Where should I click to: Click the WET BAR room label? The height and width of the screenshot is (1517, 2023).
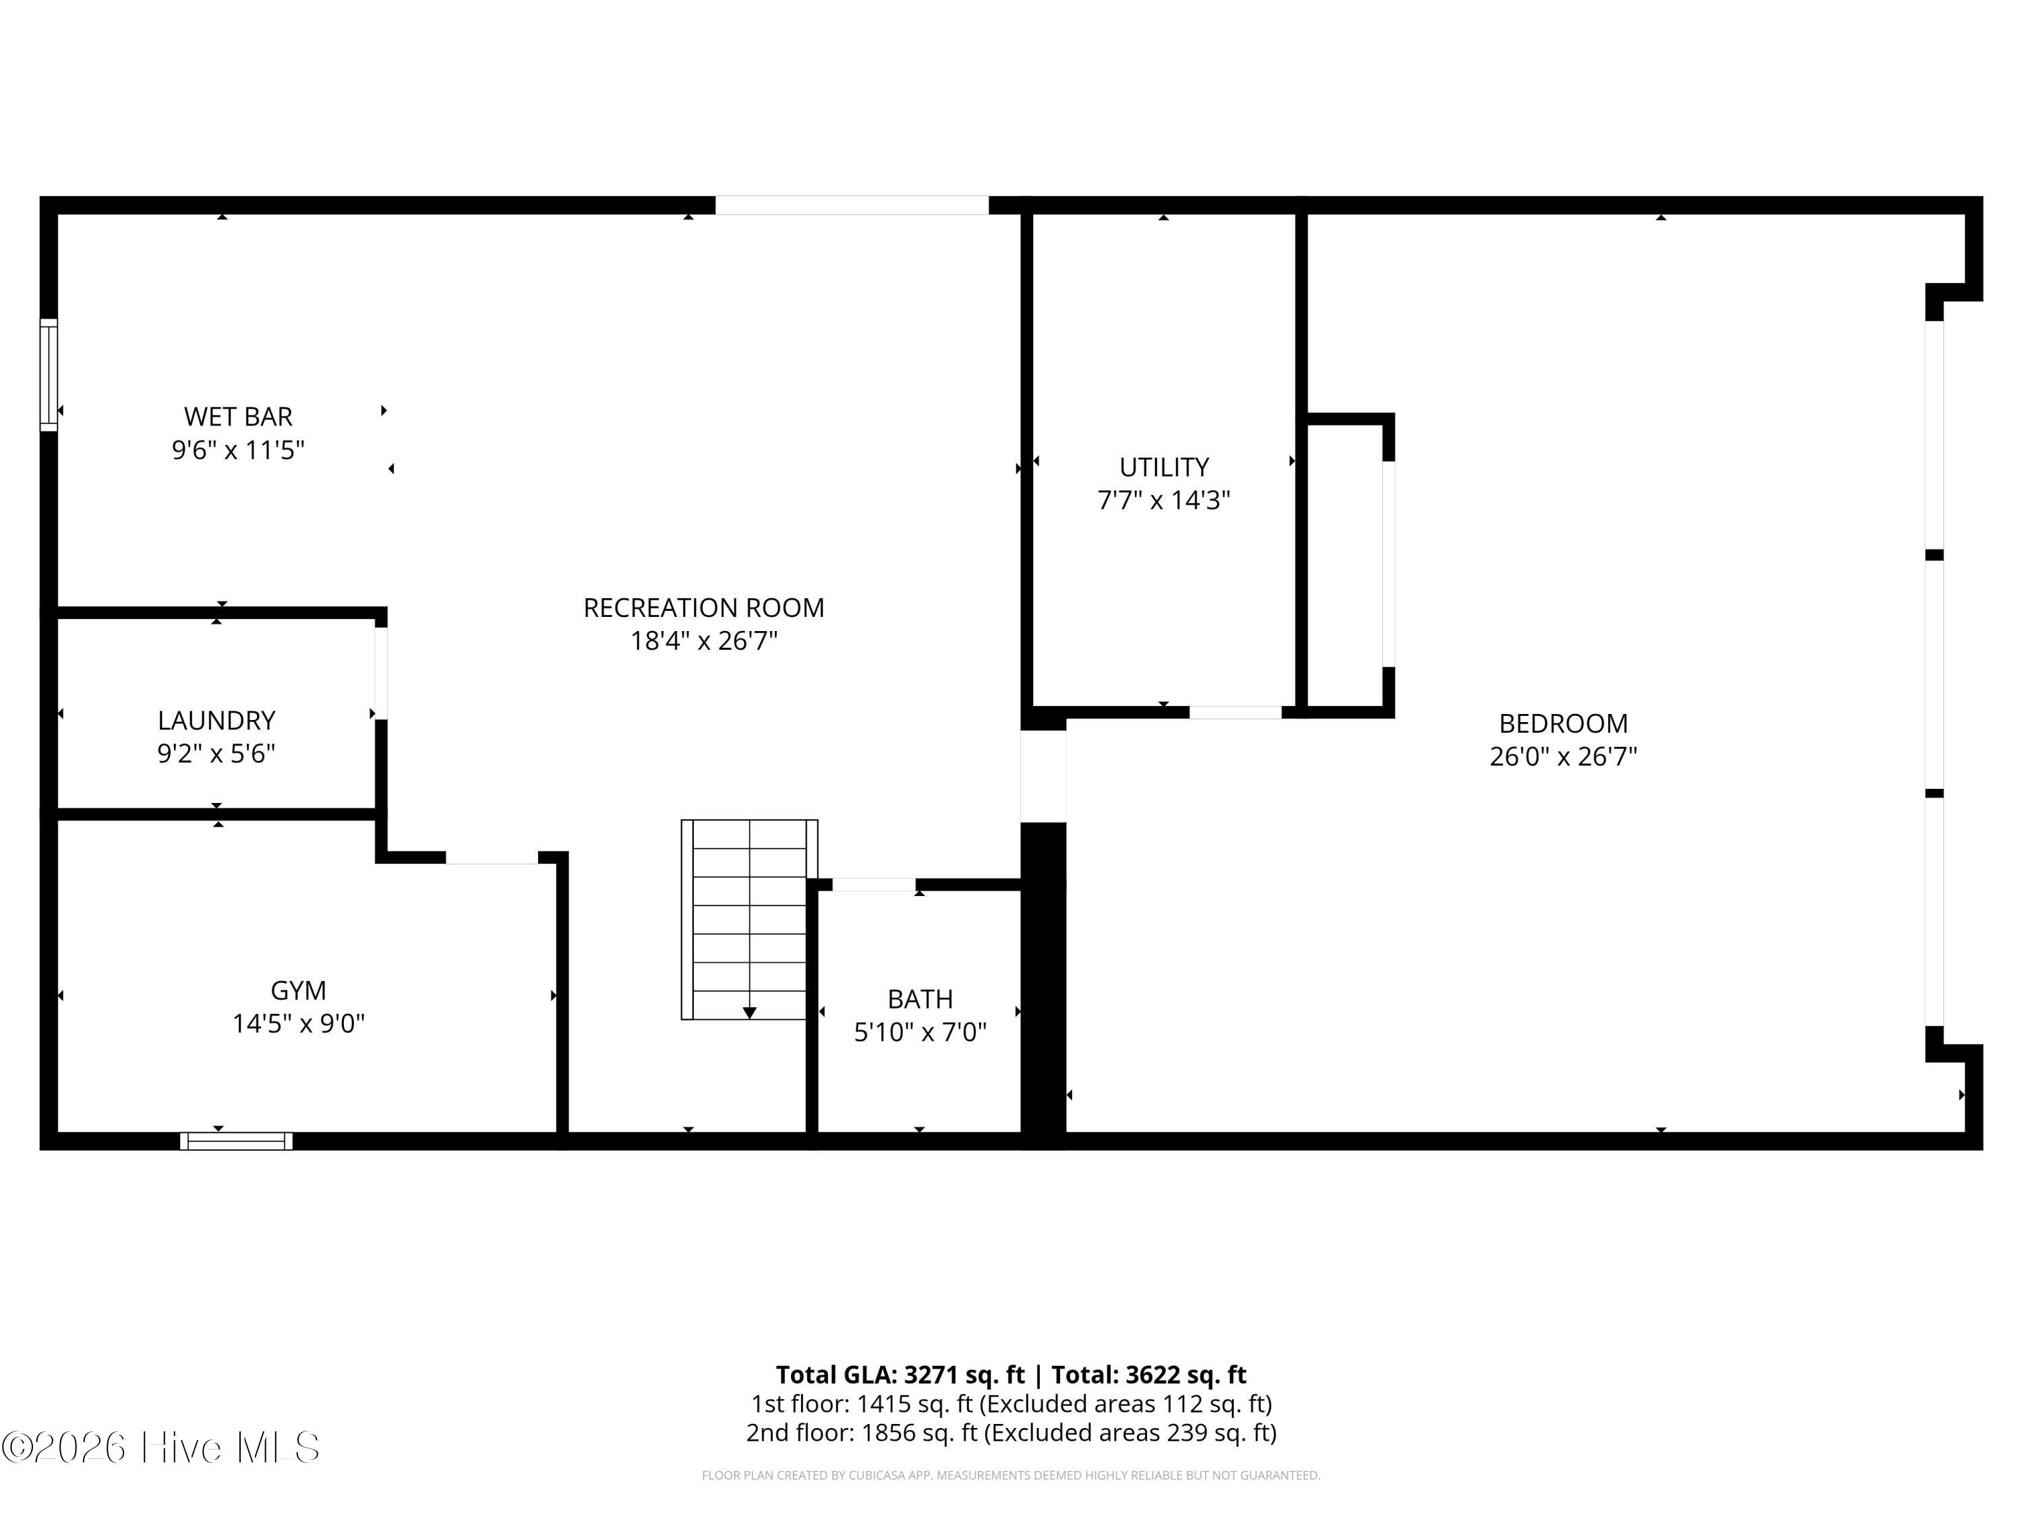(x=238, y=417)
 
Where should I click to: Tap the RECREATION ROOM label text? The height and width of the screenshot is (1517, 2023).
(x=703, y=608)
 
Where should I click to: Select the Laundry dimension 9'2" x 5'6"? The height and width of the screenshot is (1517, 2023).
(x=216, y=754)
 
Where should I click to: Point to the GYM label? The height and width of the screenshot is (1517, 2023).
(x=298, y=990)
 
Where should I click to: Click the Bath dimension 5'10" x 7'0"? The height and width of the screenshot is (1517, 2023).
(x=920, y=1032)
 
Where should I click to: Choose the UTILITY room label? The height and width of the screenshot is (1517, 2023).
(x=1163, y=467)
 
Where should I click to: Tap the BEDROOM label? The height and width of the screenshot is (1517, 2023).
(x=1563, y=723)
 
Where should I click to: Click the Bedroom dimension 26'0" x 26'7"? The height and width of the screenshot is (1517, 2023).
(x=1563, y=757)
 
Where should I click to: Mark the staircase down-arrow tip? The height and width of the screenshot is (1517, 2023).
(x=749, y=1013)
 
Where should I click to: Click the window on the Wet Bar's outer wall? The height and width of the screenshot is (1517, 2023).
(x=49, y=374)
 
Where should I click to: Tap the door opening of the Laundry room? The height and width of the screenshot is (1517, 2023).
(x=380, y=673)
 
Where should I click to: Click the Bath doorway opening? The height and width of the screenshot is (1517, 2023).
(x=873, y=884)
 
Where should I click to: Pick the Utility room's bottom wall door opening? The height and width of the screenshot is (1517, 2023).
(x=1235, y=713)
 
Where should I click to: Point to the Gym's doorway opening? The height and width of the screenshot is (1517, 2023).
(x=491, y=858)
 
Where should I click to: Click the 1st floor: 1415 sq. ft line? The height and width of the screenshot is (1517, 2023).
(x=1011, y=1404)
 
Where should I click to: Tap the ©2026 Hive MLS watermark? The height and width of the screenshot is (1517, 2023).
(x=161, y=1448)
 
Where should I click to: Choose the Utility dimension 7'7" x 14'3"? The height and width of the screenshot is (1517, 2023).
(x=1163, y=500)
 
